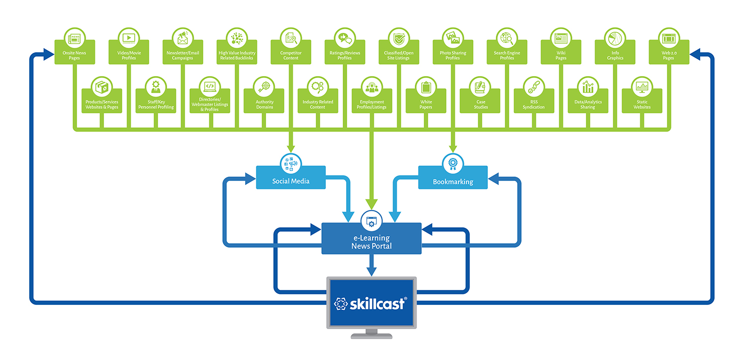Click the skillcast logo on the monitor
point(371,303)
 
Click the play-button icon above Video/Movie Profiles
point(129,37)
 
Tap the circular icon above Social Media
point(291,163)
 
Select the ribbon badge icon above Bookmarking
point(453,163)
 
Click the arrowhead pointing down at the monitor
point(371,271)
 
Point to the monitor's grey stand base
point(371,336)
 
